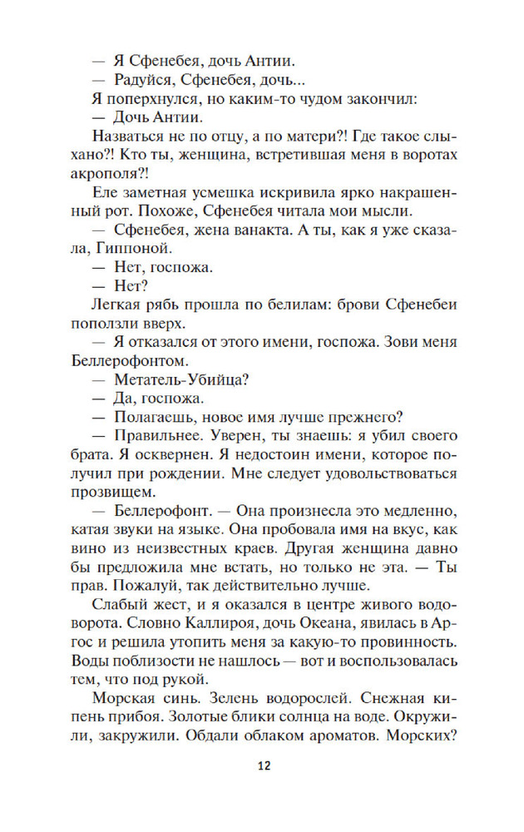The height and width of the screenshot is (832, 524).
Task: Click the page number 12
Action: (x=262, y=766)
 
